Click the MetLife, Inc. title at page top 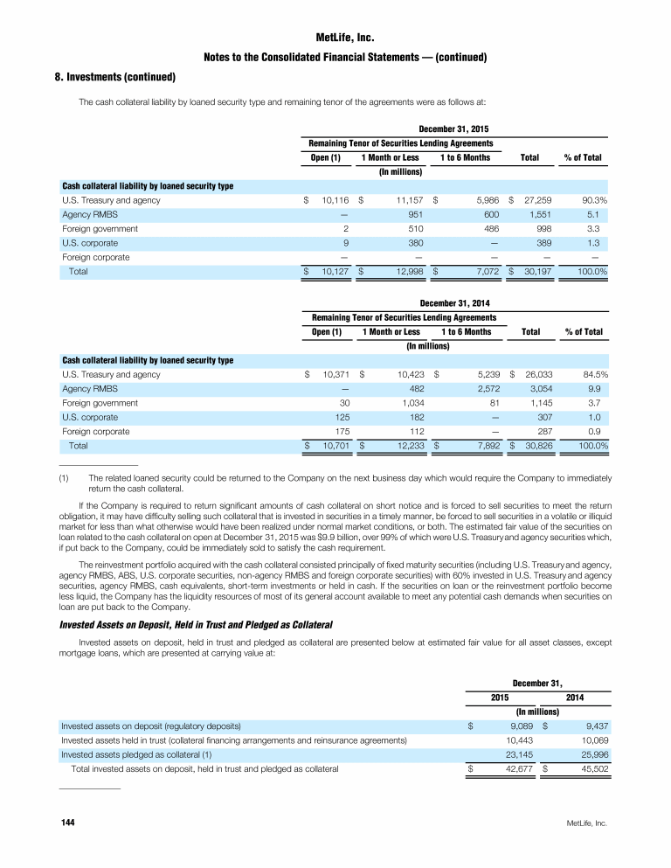(x=335, y=38)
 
